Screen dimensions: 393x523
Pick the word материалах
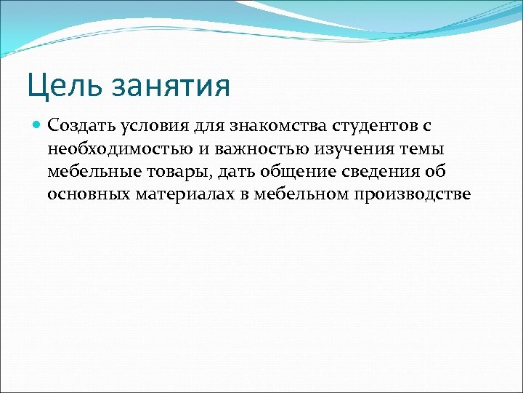coord(182,194)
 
